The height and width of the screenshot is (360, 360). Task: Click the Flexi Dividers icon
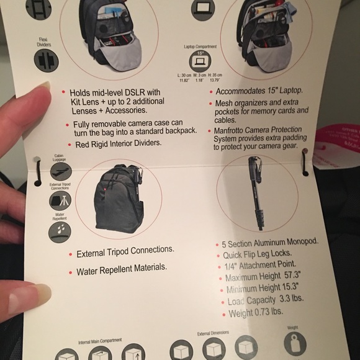47,60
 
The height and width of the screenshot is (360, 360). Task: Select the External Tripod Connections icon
60,200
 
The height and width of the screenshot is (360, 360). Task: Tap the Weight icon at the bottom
295,343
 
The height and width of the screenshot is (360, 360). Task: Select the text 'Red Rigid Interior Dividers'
117,143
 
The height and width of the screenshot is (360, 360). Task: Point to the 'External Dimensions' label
214,333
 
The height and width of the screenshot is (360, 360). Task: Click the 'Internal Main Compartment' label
100,341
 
